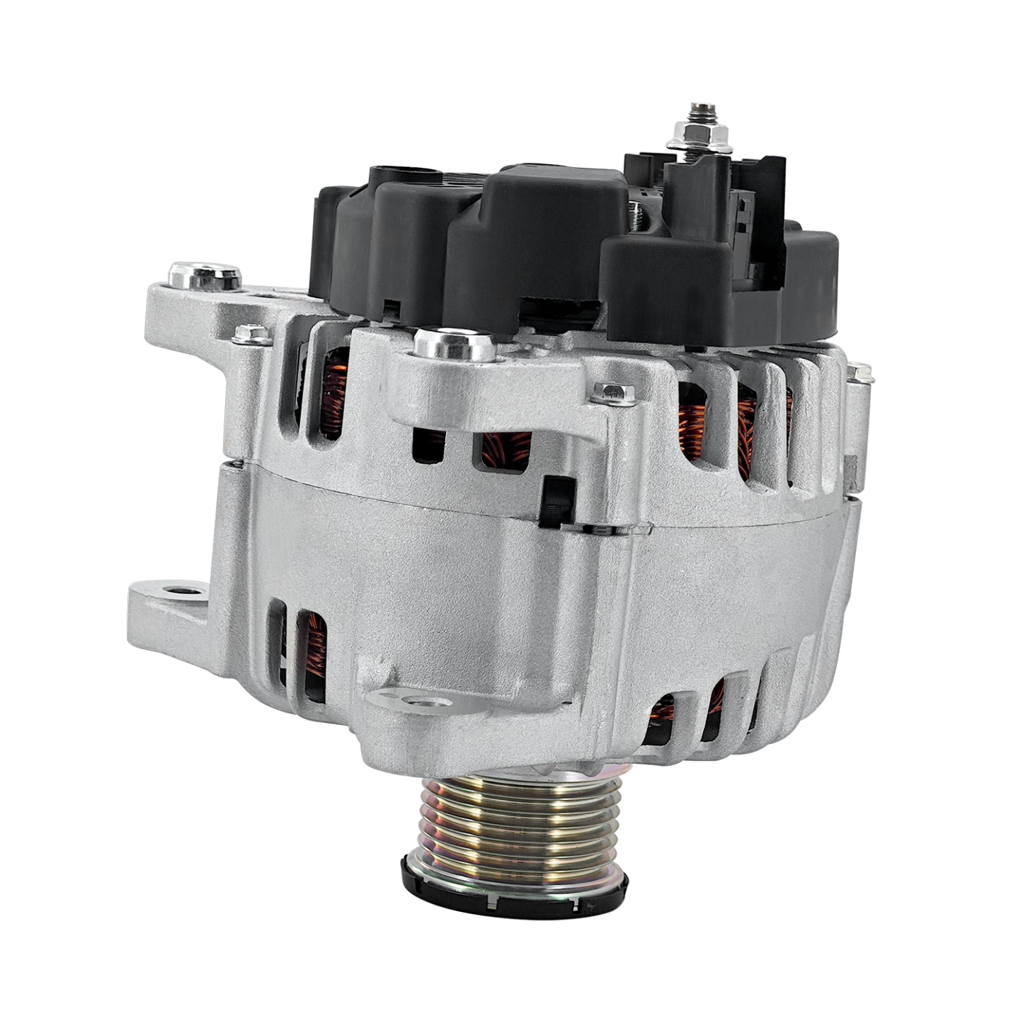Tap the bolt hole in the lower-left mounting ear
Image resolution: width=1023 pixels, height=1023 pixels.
(x=176, y=589)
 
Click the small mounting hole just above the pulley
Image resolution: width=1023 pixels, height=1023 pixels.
(x=423, y=702)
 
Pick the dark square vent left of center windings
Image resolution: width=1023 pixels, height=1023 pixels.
(x=428, y=446)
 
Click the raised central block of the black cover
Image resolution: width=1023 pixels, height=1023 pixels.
(x=538, y=234)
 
